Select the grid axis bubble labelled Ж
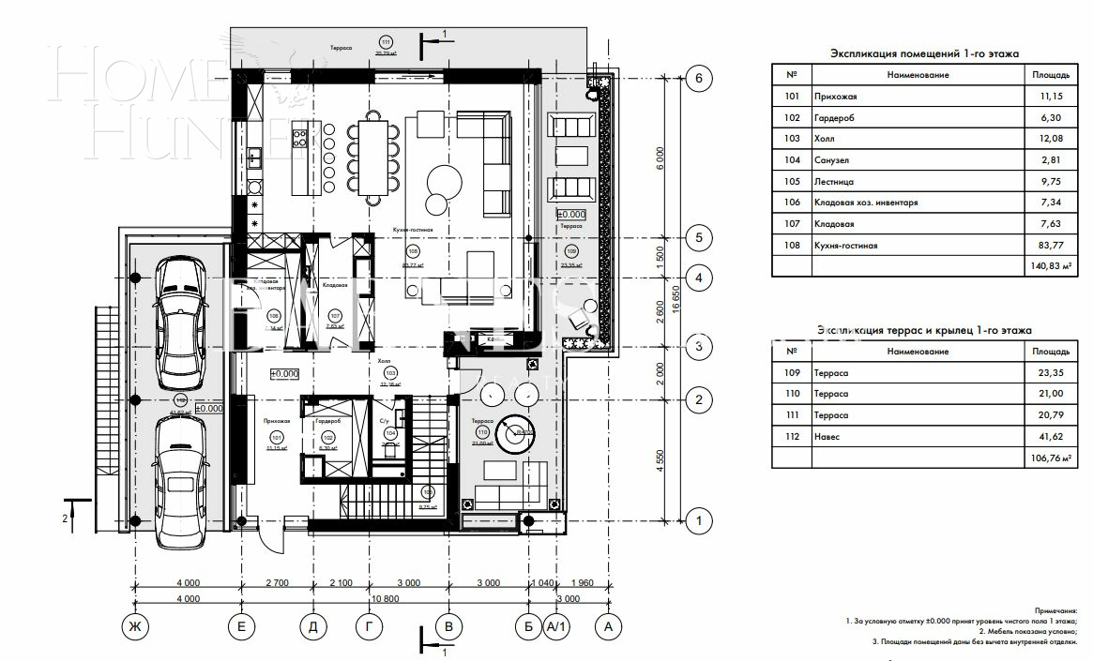point(135,626)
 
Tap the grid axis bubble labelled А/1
point(556,626)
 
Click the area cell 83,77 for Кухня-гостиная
point(1050,246)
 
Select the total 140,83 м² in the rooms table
point(1050,266)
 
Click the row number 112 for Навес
point(792,436)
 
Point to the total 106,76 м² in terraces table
point(1050,458)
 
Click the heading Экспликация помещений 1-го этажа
point(925,54)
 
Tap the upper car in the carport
point(180,323)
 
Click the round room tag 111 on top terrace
point(385,41)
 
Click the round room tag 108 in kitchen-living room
point(412,252)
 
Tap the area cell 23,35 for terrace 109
point(1050,373)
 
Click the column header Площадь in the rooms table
point(1050,74)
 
